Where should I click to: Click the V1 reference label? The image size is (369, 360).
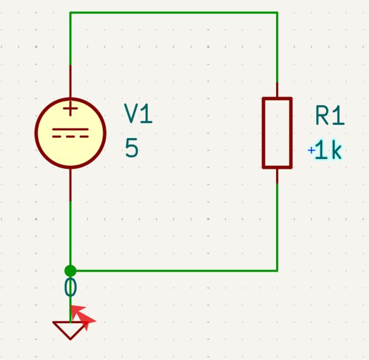pos(138,114)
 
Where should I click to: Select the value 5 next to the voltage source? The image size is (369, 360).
pos(132,149)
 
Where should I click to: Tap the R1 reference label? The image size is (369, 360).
pos(330,115)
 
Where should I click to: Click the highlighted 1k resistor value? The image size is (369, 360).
pos(328,151)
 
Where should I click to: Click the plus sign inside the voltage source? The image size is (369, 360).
pos(71,110)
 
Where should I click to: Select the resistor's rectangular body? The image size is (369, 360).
pos(277,132)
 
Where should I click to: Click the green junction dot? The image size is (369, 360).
pos(70,270)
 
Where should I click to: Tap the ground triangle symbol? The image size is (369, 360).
pos(70,331)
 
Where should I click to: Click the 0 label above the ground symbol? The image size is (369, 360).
pos(71,288)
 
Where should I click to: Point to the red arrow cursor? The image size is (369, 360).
pos(83,316)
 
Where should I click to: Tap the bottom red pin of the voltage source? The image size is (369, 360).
pos(71,184)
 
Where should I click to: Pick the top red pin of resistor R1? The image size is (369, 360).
pos(277,90)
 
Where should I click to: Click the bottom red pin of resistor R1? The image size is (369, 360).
pos(277,176)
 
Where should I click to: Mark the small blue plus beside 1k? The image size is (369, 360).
pos(311,150)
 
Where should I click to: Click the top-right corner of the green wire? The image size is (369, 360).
pos(277,12)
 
